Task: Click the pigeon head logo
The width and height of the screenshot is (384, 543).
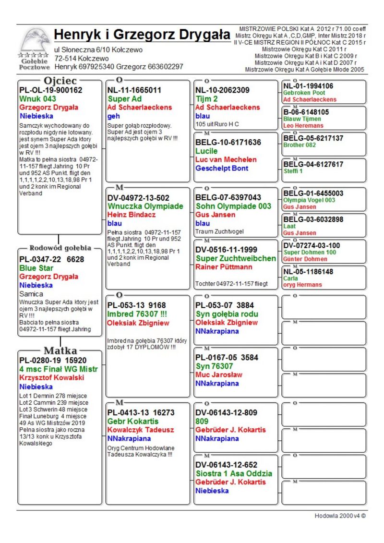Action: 35,41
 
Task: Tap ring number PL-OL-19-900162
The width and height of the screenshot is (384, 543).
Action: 50,90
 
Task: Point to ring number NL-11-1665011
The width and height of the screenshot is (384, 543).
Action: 134,90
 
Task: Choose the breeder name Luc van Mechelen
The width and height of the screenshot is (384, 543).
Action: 226,159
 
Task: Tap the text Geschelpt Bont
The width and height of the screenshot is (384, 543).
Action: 222,168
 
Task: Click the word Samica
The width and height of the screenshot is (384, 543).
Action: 31,294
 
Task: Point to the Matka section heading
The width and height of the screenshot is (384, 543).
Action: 60,350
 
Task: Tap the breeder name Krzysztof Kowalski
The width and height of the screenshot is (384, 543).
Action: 52,378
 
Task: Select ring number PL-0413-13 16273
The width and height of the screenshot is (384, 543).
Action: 141,412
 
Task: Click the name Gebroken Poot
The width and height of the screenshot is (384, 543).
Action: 304,93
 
